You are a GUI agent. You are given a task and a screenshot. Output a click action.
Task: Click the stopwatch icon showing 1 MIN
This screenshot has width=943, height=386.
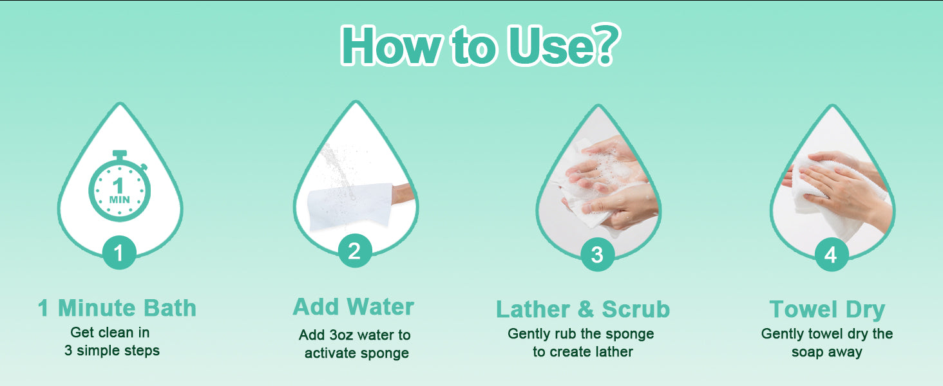point(120,186)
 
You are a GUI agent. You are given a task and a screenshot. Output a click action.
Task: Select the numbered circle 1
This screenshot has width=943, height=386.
point(119,252)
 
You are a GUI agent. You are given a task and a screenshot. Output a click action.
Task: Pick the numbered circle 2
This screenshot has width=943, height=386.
point(354,251)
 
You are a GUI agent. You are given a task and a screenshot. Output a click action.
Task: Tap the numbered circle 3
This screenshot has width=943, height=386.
point(597,254)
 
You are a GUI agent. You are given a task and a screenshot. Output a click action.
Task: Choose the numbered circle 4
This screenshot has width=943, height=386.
point(832,254)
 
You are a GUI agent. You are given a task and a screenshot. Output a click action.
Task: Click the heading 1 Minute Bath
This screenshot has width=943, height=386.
point(117,308)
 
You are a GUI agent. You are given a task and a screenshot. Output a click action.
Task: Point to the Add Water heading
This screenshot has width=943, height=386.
point(354,306)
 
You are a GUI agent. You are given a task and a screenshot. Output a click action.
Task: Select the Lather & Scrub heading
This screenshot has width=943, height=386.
point(583,309)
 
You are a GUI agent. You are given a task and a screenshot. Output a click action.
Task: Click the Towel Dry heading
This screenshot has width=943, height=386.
point(827,309)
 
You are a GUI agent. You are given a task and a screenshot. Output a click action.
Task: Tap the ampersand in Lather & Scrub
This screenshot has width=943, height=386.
point(586,309)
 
